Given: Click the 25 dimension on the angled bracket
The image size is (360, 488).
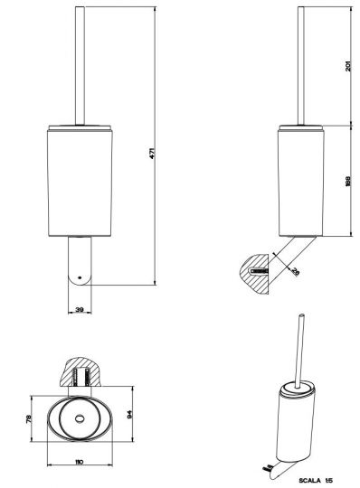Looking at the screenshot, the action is click(295, 270).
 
